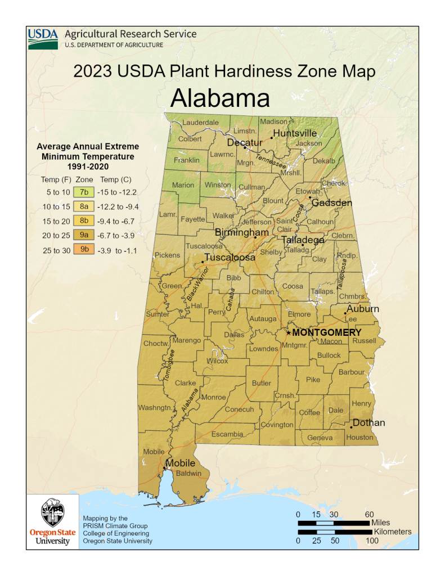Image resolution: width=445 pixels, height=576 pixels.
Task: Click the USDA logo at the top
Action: click(43, 38)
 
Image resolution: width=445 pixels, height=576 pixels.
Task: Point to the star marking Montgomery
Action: click(289, 333)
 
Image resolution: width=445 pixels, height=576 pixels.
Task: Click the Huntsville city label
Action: click(295, 133)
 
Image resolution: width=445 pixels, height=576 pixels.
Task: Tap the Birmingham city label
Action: click(241, 232)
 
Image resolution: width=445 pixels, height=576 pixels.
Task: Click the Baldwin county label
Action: click(188, 474)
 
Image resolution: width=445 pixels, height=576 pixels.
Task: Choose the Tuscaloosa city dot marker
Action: click(203, 262)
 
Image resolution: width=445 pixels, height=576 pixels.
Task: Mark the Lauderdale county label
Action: click(200, 122)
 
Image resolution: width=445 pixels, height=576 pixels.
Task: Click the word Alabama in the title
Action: click(220, 98)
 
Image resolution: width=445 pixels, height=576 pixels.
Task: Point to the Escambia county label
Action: click(227, 434)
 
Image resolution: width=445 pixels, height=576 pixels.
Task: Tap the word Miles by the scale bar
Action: click(381, 523)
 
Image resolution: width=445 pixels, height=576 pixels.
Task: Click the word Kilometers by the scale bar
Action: click(392, 532)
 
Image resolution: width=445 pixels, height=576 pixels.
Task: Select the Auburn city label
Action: click(362, 309)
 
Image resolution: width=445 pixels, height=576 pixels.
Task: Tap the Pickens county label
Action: click(168, 255)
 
